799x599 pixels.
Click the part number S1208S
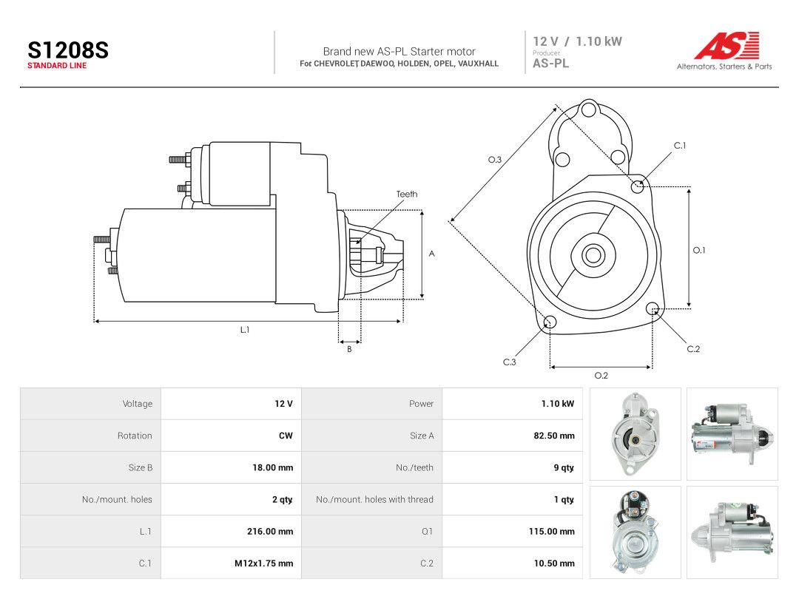coord(68,50)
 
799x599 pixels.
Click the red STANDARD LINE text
coord(57,66)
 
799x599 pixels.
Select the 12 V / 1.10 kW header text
coord(577,41)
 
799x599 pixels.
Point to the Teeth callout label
coord(407,194)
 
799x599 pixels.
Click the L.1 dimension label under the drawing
coord(245,330)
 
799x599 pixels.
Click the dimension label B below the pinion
coord(349,349)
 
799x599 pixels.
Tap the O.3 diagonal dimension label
coord(495,160)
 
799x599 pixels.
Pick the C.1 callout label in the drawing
coord(680,146)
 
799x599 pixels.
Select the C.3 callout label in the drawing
coord(510,362)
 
